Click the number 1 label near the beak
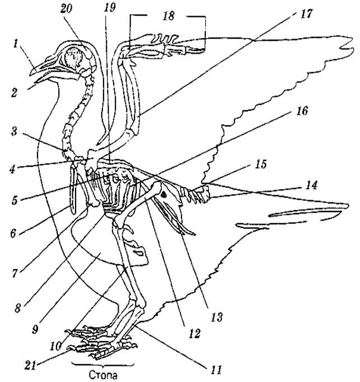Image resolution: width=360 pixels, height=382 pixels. tap(16, 44)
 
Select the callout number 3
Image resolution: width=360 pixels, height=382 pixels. tap(14, 131)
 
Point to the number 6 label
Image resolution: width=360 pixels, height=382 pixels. tap(13, 233)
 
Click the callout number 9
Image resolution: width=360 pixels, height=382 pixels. tap(35, 329)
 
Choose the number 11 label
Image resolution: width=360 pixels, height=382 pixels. tap(216, 370)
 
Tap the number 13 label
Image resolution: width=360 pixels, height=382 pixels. tap(217, 317)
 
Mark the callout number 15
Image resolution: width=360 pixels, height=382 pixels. tap(261, 164)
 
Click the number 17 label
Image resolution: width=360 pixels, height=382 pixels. tap(306, 14)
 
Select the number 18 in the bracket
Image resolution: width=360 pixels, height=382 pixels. tap(169, 16)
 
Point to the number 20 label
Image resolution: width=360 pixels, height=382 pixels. tap(66, 9)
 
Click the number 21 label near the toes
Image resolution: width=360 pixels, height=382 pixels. tap(30, 365)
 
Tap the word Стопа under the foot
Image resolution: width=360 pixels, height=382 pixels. tap(103, 375)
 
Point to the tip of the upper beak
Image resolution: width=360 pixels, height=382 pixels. tap(30, 75)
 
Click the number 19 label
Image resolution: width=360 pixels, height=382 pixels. tap(110, 8)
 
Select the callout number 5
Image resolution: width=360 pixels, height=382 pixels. tap(15, 200)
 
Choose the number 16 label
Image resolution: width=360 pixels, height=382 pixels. tap(302, 111)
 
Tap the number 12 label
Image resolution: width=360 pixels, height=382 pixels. tap(194, 333)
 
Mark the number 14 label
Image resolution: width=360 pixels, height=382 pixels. tap(311, 185)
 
